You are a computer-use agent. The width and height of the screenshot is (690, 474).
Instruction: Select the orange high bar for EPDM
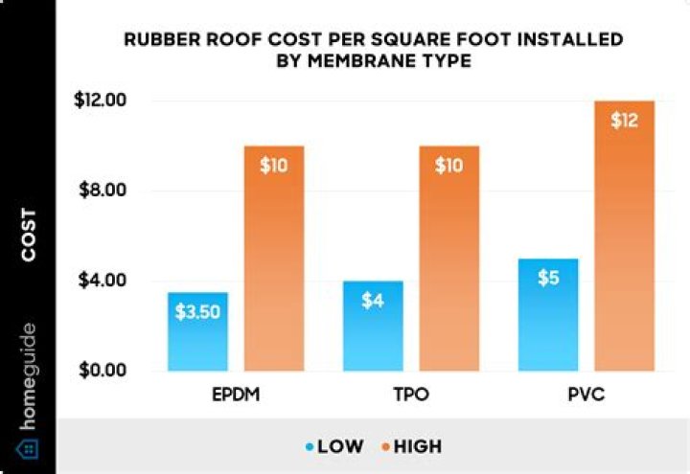pos(273,259)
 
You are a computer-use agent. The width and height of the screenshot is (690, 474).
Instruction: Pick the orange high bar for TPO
pos(448,259)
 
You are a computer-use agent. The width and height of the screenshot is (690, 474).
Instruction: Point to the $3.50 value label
pos(197,311)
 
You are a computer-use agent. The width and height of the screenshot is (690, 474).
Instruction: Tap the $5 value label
pos(548,278)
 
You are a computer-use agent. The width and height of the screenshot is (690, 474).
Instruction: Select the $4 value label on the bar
pos(373,301)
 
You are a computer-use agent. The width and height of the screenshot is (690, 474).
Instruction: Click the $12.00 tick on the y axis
pos(101,101)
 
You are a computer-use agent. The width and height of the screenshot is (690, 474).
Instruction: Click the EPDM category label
pos(236,395)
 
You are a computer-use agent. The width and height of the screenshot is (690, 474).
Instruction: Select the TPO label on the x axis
pos(411,395)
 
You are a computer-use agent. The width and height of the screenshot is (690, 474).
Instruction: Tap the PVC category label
pos(586,395)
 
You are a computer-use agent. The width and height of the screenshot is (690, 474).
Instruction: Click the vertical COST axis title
pos(28,235)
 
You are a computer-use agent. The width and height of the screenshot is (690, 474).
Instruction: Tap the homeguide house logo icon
pos(28,448)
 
